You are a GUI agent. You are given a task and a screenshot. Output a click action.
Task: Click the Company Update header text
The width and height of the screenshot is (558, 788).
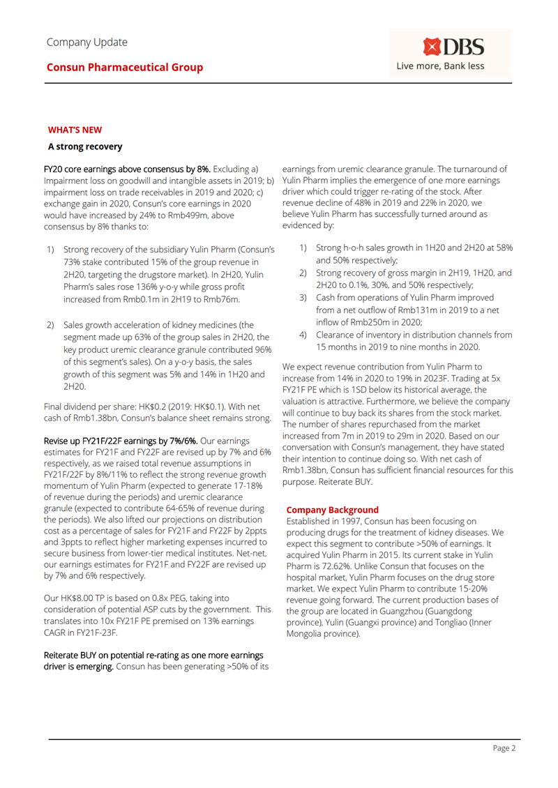pyautogui.click(x=87, y=42)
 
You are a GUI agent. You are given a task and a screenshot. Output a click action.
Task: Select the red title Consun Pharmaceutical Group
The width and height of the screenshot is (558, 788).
pyautogui.click(x=126, y=68)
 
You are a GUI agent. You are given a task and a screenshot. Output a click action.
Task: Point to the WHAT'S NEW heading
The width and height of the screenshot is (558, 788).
pyautogui.click(x=75, y=129)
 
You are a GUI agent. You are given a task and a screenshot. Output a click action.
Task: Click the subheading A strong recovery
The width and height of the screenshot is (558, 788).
pyautogui.click(x=85, y=146)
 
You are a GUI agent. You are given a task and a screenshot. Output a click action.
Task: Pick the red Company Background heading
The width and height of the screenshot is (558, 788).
pyautogui.click(x=333, y=510)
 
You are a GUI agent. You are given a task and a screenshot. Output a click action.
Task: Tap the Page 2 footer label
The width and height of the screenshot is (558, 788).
pyautogui.click(x=504, y=748)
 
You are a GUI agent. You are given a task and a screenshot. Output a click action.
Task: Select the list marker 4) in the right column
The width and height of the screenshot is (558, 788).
pyautogui.click(x=304, y=335)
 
